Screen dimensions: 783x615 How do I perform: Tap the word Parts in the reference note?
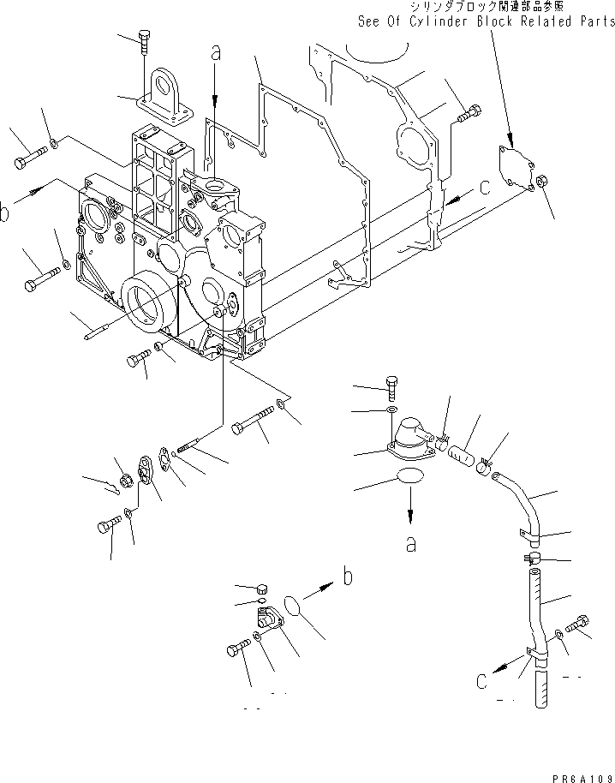click(x=592, y=21)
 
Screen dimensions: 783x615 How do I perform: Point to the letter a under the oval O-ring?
click(x=410, y=543)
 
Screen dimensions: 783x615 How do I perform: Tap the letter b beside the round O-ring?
click(x=347, y=577)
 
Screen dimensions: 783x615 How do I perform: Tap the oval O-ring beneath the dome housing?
click(x=410, y=481)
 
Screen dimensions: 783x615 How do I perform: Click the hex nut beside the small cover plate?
click(x=543, y=182)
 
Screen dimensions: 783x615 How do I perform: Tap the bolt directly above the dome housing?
click(x=392, y=386)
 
